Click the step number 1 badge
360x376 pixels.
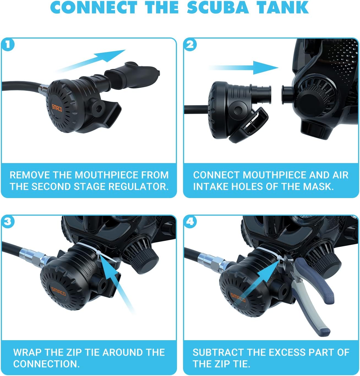tap(8, 45)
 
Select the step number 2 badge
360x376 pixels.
tap(190, 45)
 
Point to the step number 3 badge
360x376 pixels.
tap(8, 222)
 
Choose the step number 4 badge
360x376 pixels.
tap(190, 222)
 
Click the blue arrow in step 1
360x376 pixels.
tap(91, 61)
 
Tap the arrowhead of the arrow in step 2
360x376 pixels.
tap(266, 68)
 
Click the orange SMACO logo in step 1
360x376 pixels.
tap(57, 108)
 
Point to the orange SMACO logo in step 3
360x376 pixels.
tap(58, 291)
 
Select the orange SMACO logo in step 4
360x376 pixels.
tap(238, 297)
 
